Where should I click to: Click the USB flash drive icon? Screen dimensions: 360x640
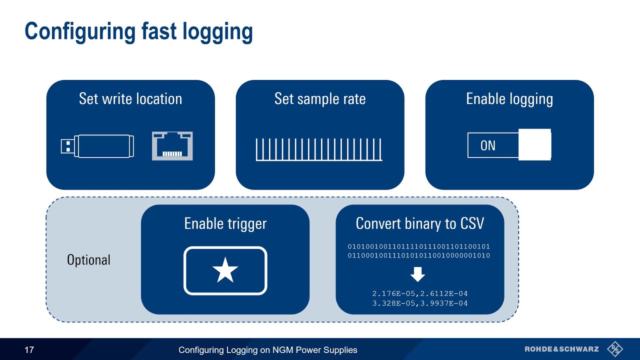97,146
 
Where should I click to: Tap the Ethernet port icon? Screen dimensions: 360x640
172,146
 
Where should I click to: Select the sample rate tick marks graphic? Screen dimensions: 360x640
319,149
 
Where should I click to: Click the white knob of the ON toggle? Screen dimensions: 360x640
534,145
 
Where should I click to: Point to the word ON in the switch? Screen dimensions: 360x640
487,145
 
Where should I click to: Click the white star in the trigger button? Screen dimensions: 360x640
225,270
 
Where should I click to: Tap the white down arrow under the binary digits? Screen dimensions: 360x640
417,274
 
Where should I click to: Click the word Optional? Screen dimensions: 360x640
88,260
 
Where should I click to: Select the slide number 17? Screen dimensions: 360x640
29,350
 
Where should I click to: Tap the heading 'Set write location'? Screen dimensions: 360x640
130,98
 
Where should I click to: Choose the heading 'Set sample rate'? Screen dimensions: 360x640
320,98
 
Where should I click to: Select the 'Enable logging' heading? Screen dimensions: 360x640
509,99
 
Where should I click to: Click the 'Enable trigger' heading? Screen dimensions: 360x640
225,223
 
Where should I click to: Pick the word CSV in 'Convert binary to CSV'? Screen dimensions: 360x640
471,223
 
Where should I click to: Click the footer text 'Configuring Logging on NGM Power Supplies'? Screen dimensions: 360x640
268,350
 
